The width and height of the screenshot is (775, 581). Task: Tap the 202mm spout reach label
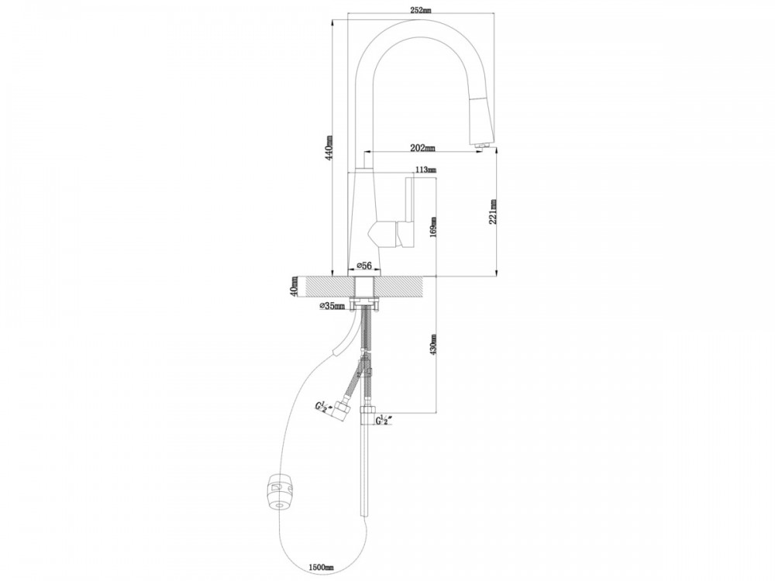(422, 147)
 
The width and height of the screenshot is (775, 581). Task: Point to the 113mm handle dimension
(425, 170)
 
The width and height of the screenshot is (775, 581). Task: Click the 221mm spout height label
(493, 212)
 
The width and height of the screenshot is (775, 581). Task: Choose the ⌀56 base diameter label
(363, 266)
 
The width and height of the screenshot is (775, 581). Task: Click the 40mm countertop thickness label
(294, 287)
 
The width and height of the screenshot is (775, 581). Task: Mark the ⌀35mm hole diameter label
(332, 306)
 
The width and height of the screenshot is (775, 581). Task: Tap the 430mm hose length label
(433, 345)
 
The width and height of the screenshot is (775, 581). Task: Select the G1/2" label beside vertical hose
(384, 421)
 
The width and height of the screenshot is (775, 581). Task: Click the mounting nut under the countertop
(364, 302)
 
